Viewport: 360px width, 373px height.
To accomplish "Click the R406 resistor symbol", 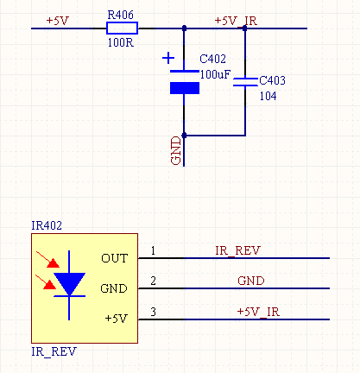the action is click(122, 28).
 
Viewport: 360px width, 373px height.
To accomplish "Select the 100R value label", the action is click(121, 42).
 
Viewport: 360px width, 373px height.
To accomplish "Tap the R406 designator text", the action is click(120, 15).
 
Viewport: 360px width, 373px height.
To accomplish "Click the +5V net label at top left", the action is click(58, 21).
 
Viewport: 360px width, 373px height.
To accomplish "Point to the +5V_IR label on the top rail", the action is click(236, 21).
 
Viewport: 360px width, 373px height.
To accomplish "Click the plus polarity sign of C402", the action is click(168, 58).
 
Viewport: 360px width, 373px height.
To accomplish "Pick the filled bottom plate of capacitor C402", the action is click(185, 88).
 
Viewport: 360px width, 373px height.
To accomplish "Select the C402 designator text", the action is click(212, 59).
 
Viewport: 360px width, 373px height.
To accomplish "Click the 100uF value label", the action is click(215, 74).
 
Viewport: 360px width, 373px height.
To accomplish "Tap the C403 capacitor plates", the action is click(245, 82).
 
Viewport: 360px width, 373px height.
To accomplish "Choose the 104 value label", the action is click(268, 96).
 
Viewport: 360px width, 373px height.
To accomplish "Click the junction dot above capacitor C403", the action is click(245, 28).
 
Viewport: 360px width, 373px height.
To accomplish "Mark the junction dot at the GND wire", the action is click(184, 136).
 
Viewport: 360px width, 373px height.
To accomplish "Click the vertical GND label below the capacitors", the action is click(176, 150).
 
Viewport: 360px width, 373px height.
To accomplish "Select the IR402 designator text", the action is click(47, 225).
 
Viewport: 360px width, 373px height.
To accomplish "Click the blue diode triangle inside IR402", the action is click(69, 283).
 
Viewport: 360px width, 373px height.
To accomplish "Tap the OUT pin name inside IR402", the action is click(115, 258).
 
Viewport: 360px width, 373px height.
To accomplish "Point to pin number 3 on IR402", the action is click(153, 312).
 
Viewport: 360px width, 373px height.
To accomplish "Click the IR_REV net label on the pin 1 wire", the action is click(237, 250).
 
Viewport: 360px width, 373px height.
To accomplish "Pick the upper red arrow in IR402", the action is click(47, 259).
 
